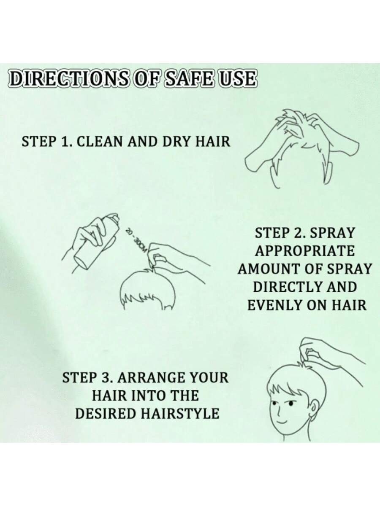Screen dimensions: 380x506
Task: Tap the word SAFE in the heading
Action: [x=190, y=79]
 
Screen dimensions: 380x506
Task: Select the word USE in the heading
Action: [x=238, y=79]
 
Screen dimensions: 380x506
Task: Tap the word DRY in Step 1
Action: [x=177, y=141]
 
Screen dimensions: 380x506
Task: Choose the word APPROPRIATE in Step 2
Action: [x=304, y=251]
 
